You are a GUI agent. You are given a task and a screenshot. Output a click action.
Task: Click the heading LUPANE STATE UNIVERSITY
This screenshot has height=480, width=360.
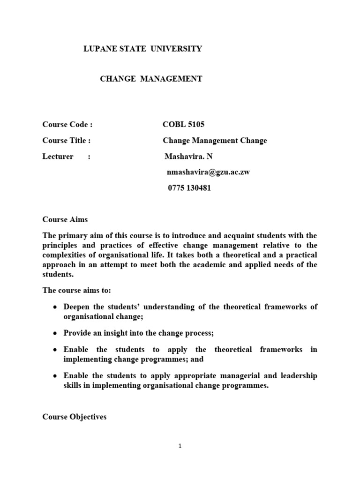142,49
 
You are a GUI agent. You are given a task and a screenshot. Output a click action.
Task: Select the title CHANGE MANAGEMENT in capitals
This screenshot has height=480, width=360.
151,79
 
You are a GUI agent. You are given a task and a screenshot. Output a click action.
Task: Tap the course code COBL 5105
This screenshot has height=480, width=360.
183,124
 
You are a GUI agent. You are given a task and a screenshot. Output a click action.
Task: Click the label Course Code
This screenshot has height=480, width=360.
67,124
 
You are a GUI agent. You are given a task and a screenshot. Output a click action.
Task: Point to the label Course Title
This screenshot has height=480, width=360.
66,141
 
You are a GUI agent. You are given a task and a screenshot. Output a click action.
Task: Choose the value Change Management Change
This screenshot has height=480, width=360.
215,141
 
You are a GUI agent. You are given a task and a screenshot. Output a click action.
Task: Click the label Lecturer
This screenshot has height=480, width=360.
58,157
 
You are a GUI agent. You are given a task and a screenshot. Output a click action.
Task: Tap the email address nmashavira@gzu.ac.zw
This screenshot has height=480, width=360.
208,172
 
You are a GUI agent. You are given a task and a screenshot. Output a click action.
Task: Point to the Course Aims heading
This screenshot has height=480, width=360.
65,219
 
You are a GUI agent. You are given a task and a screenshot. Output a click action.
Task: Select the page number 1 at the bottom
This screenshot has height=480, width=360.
180,446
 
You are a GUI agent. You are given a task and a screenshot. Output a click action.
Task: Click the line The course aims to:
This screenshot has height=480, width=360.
76,290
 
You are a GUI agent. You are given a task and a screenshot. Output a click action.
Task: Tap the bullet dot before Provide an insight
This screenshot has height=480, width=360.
55,333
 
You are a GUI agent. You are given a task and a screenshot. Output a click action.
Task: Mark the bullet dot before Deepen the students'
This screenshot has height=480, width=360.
55,307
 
